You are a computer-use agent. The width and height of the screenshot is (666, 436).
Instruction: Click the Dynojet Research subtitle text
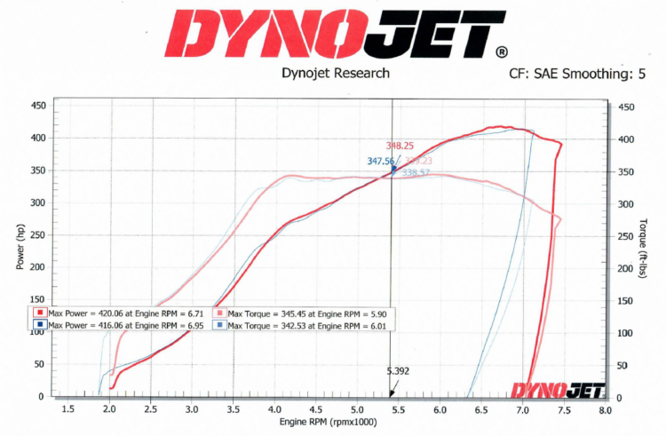pyautogui.click(x=335, y=73)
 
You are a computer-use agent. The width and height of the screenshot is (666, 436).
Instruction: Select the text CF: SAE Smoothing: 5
pyautogui.click(x=577, y=74)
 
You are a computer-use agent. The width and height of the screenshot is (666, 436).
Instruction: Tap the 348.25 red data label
pyautogui.click(x=400, y=146)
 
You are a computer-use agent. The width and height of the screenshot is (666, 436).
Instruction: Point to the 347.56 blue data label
pyautogui.click(x=381, y=162)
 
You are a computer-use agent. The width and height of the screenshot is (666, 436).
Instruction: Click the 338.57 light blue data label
pyautogui.click(x=416, y=173)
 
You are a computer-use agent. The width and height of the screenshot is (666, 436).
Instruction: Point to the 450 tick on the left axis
pyautogui.click(x=38, y=106)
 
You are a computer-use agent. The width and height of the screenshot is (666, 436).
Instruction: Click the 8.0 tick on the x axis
pyautogui.click(x=604, y=409)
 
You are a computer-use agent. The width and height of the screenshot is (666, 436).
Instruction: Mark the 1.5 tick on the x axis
pyautogui.click(x=67, y=409)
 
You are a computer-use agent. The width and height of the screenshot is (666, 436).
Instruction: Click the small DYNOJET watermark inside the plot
pyautogui.click(x=557, y=389)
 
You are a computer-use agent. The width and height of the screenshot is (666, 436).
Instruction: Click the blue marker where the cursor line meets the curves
pyautogui.click(x=393, y=168)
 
